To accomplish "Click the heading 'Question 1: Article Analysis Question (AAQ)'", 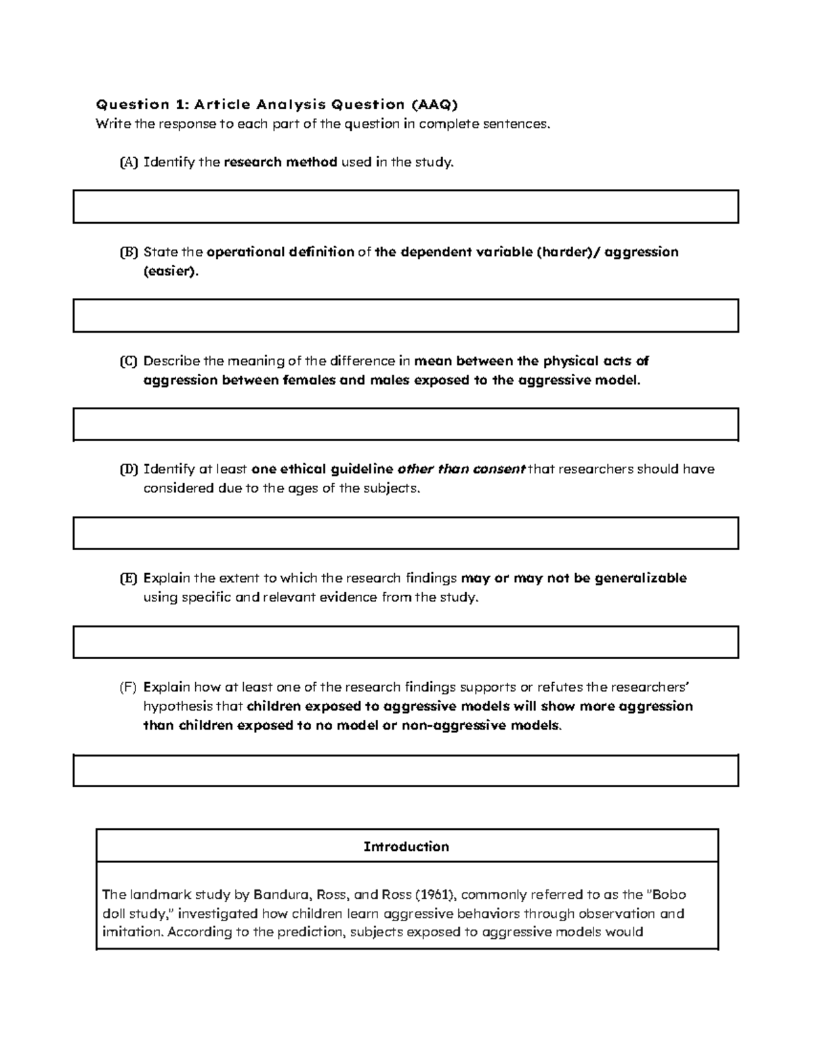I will (276, 104).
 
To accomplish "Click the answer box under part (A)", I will (405, 207).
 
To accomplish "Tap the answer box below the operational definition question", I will (405, 316).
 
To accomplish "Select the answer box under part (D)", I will (405, 533).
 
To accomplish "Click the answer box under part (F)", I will (405, 770).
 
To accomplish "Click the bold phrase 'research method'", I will (280, 163).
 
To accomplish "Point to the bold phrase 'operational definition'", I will (280, 252).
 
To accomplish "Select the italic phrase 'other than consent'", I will (461, 469).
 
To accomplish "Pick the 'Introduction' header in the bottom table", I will (406, 847).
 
